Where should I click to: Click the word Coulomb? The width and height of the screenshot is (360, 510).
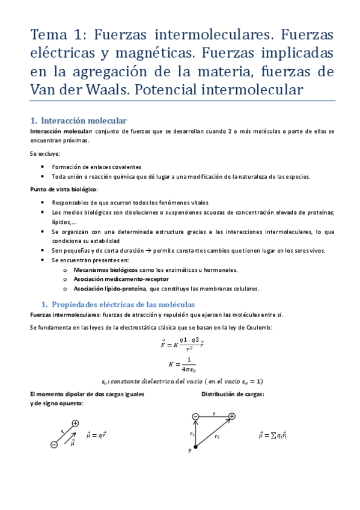(x=259, y=327)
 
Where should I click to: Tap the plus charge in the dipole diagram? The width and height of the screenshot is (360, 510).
(x=75, y=423)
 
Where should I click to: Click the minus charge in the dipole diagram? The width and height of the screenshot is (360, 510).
(x=54, y=444)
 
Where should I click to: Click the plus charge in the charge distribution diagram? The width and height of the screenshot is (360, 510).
(x=231, y=416)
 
